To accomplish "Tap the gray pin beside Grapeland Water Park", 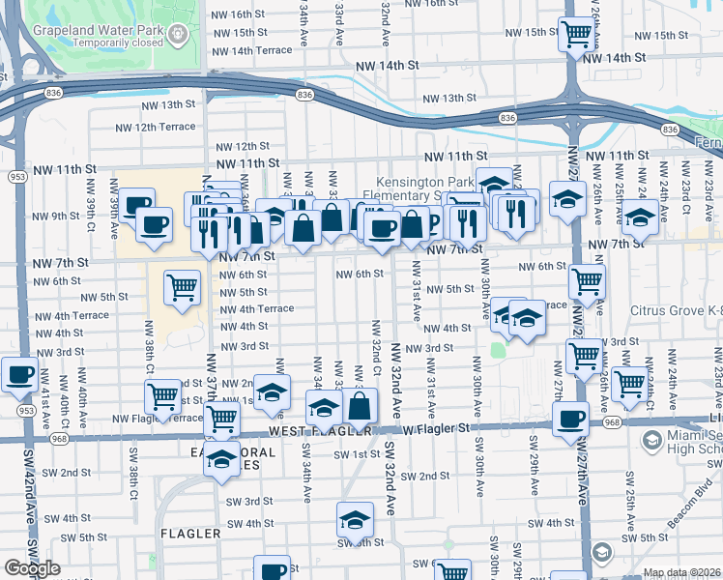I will pyautogui.click(x=178, y=36).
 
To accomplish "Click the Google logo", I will pyautogui.click(x=32, y=568).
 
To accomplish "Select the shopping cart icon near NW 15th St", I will pyautogui.click(x=576, y=35).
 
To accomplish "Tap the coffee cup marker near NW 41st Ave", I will pyautogui.click(x=19, y=375).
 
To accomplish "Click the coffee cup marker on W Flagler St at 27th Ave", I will pyautogui.click(x=571, y=419).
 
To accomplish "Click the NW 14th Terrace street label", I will pyautogui.click(x=247, y=50).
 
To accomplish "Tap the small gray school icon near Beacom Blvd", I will pyautogui.click(x=601, y=552).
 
